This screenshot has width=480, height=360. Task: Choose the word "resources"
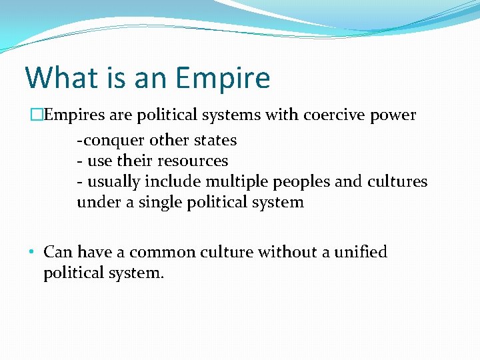[x=193, y=161]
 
